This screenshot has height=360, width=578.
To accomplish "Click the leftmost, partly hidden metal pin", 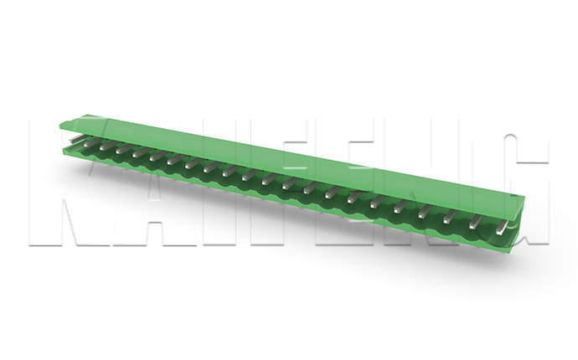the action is click(x=75, y=139).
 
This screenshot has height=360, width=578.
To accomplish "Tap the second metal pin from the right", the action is click(x=476, y=223).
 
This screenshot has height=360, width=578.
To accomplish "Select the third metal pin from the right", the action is click(x=450, y=217).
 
